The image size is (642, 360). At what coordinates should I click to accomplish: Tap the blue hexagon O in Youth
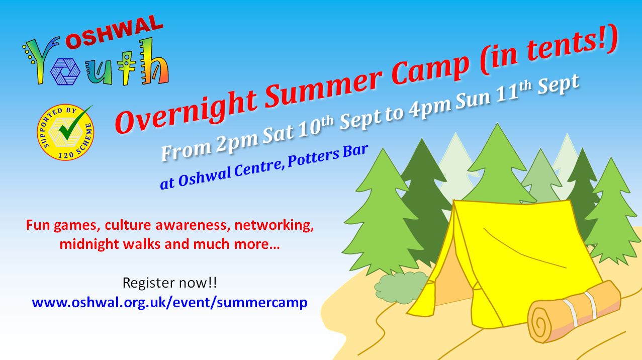(65, 72)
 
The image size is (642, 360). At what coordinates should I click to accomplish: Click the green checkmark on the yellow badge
(74, 123)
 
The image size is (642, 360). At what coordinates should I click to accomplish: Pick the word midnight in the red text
(89, 244)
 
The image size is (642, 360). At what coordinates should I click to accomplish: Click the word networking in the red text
(274, 226)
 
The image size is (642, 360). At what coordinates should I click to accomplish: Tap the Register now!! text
(169, 283)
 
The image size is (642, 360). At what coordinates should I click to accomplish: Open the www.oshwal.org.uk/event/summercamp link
(169, 303)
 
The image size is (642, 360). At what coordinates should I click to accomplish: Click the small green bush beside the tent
(401, 287)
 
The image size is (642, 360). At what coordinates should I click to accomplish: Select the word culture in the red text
(128, 226)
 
